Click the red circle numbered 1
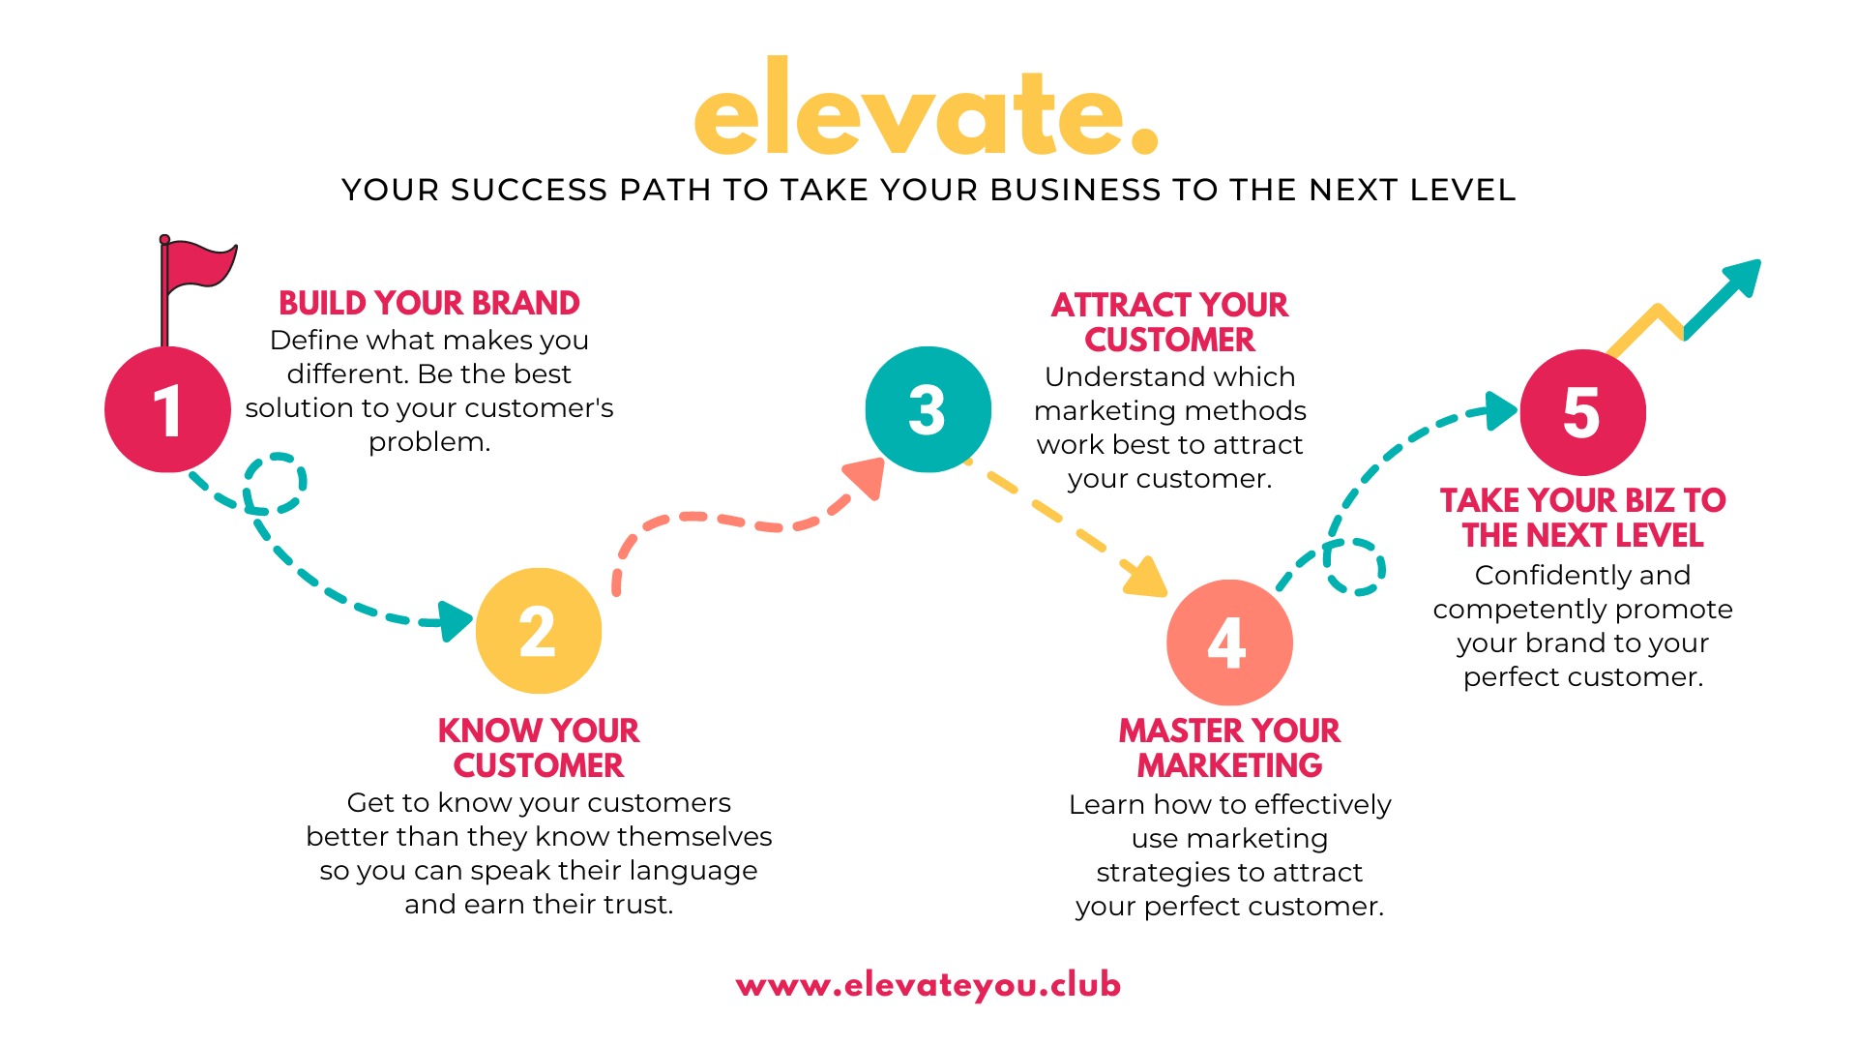click(x=167, y=409)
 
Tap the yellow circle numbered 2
click(x=539, y=631)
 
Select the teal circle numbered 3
click(x=928, y=409)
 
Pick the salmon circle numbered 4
click(x=1229, y=642)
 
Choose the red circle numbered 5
click(x=1582, y=412)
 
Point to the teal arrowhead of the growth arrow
click(x=1742, y=277)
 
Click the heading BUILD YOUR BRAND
click(x=428, y=303)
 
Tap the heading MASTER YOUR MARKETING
click(x=1229, y=748)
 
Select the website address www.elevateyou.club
click(x=928, y=985)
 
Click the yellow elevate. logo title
click(x=926, y=111)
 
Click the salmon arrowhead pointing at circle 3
click(x=867, y=477)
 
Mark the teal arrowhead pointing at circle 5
click(x=1500, y=410)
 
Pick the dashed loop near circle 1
click(x=276, y=483)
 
